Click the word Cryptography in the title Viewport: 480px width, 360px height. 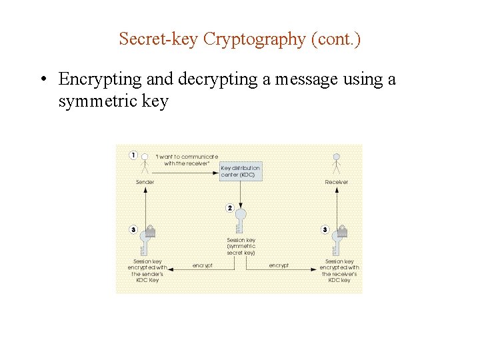(254, 40)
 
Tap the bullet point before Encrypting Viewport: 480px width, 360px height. (42, 80)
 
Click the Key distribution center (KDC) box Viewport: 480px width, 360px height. (241, 171)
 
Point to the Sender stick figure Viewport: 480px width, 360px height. (145, 162)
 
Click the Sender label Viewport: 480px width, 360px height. (145, 182)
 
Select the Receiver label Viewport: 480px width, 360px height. (337, 182)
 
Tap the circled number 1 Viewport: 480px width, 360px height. (133, 155)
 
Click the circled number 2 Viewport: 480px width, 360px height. (230, 208)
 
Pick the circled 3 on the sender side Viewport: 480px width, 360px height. (133, 230)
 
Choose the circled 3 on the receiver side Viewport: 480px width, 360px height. (325, 230)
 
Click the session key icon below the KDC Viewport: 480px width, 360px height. (241, 220)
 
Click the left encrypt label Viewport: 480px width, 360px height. (203, 265)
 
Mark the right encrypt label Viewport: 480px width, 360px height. (279, 265)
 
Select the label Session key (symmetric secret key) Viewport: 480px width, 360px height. (241, 247)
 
